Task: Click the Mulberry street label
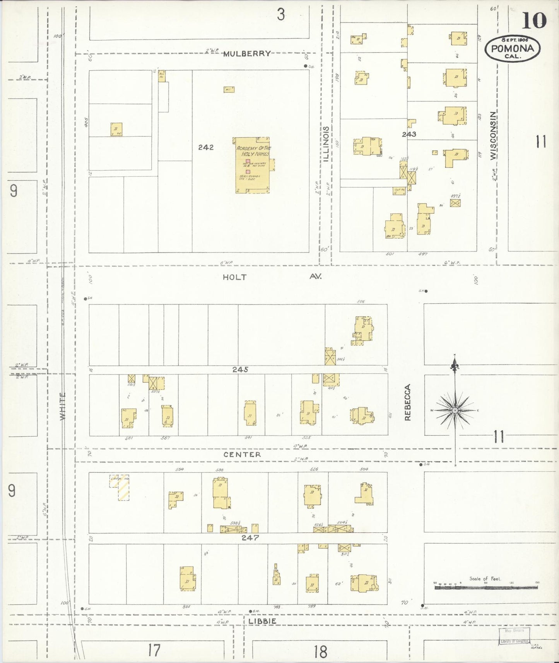click(247, 54)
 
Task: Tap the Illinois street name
click(326, 144)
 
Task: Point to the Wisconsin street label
click(492, 136)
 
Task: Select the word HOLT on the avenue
click(234, 277)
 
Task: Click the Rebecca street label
click(407, 402)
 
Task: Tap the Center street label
click(242, 455)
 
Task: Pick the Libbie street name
click(262, 621)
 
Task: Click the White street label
click(63, 406)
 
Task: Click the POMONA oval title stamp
click(513, 49)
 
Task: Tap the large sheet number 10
click(534, 21)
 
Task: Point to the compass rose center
click(455, 410)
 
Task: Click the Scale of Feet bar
click(486, 587)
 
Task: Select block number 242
click(206, 147)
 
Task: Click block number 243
click(409, 134)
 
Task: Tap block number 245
click(240, 370)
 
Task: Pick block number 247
click(250, 538)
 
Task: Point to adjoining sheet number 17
click(154, 650)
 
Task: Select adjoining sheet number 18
click(320, 651)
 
